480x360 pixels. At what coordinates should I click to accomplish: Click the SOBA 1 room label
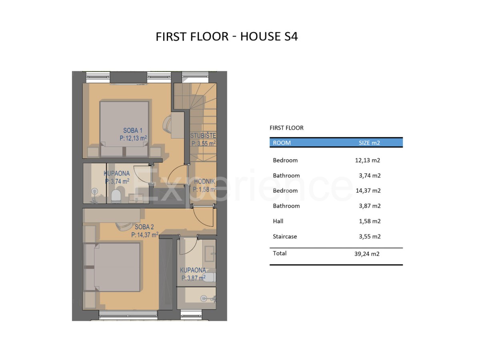click(133, 130)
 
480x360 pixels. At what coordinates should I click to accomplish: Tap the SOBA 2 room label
click(144, 227)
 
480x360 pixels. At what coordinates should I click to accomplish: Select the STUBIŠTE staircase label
click(203, 136)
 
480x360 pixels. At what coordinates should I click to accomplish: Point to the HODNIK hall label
click(204, 181)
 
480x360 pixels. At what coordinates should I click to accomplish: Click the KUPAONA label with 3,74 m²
click(117, 173)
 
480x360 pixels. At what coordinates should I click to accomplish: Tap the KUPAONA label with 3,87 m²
click(193, 270)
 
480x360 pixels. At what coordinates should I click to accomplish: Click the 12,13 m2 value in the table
click(367, 160)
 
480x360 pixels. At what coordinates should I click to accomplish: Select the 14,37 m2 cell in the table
click(368, 191)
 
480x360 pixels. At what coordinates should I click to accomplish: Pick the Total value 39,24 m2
click(367, 254)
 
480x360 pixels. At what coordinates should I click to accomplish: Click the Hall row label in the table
click(278, 221)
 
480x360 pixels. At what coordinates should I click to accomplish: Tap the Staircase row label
click(285, 236)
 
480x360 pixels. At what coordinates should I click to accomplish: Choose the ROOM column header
click(282, 143)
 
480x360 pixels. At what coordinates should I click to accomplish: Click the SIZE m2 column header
click(369, 143)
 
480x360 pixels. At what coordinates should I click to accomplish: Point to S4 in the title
click(291, 36)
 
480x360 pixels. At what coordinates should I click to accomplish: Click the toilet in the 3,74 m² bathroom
click(116, 195)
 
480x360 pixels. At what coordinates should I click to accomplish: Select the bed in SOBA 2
click(112, 267)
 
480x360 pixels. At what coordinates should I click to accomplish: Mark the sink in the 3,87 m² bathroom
click(210, 254)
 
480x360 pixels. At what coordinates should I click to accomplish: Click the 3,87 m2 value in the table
click(370, 206)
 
